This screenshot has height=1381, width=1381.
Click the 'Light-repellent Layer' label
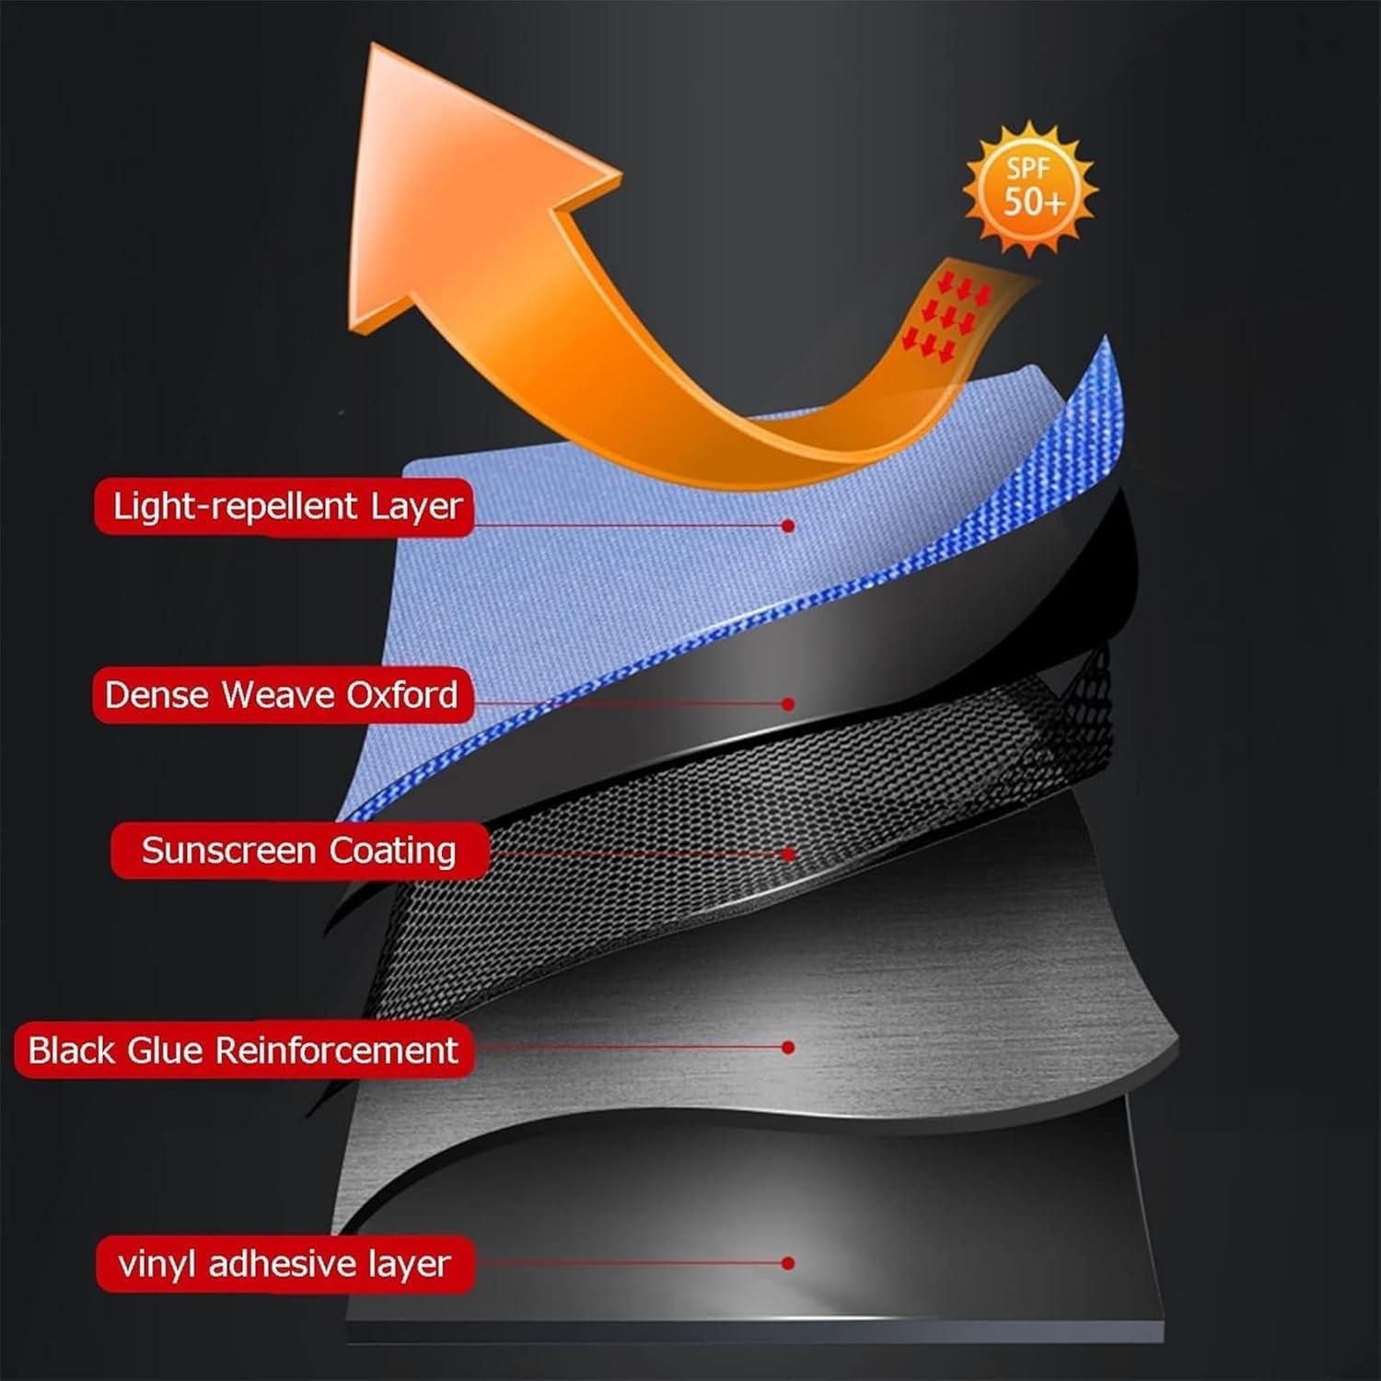pyautogui.click(x=284, y=506)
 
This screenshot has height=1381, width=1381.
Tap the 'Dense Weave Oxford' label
pyautogui.click(x=283, y=695)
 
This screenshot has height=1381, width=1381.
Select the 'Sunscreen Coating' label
pyautogui.click(x=299, y=851)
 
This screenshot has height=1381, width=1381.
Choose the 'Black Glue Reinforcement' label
pyautogui.click(x=244, y=1050)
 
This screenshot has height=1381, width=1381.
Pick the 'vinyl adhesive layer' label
pyautogui.click(x=285, y=1264)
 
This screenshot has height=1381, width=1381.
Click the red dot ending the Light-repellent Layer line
pyautogui.click(x=788, y=526)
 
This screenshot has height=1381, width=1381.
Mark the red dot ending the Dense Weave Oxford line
pyautogui.click(x=788, y=704)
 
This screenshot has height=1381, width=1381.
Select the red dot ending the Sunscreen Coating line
pyautogui.click(x=788, y=854)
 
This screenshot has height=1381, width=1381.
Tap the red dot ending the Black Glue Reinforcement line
pyautogui.click(x=788, y=1048)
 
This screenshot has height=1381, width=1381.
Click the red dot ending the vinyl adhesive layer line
pyautogui.click(x=788, y=1263)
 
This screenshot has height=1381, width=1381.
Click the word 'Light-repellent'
pyautogui.click(x=235, y=507)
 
